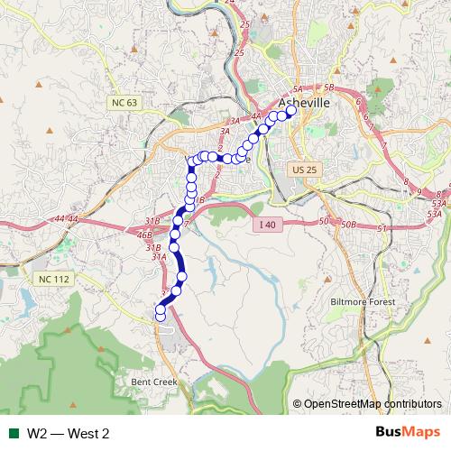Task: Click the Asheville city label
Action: tap(305, 103)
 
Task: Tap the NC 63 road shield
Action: tap(124, 103)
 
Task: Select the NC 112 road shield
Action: tap(53, 279)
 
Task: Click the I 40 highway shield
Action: tap(265, 224)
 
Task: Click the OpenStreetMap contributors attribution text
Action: tap(367, 404)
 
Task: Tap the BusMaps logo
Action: tap(408, 433)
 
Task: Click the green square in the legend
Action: tap(14, 434)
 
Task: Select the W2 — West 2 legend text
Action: tap(68, 434)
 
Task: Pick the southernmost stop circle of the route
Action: tap(161, 316)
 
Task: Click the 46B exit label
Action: tap(144, 235)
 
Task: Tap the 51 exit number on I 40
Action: tap(382, 229)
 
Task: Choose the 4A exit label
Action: tap(255, 116)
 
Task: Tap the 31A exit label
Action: tap(159, 257)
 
